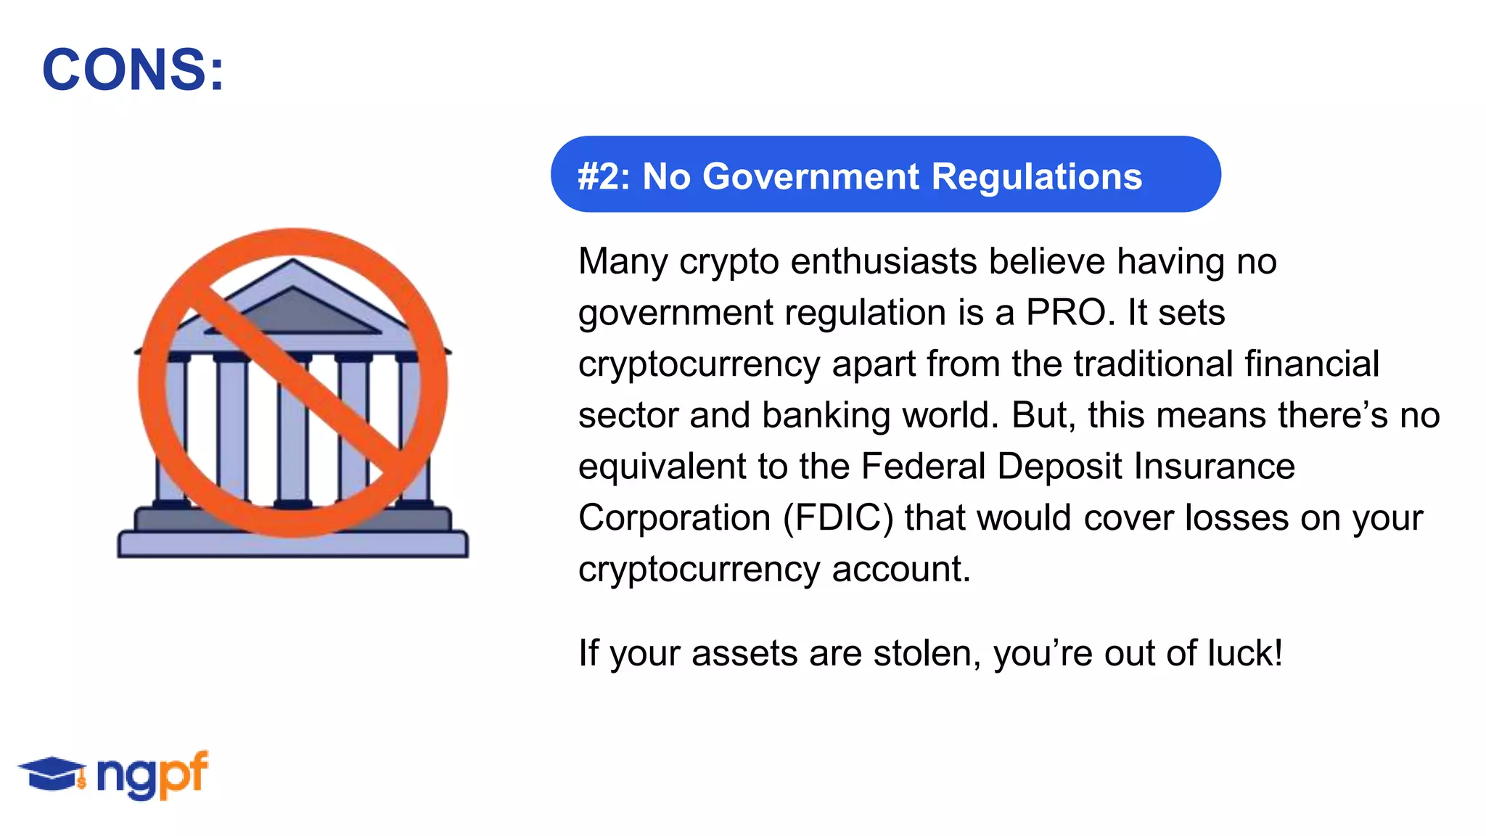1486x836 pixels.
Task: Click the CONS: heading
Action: [x=134, y=70]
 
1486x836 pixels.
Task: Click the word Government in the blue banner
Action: [x=810, y=176]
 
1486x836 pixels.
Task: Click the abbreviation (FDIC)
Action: [x=838, y=518]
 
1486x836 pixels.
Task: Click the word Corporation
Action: [x=674, y=518]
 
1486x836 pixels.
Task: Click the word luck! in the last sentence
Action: [x=1245, y=653]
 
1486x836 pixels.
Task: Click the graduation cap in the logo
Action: [x=51, y=772]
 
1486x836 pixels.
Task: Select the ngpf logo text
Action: [x=152, y=774]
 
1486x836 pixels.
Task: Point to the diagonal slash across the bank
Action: [x=293, y=383]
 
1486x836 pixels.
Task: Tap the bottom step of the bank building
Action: [x=292, y=544]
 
